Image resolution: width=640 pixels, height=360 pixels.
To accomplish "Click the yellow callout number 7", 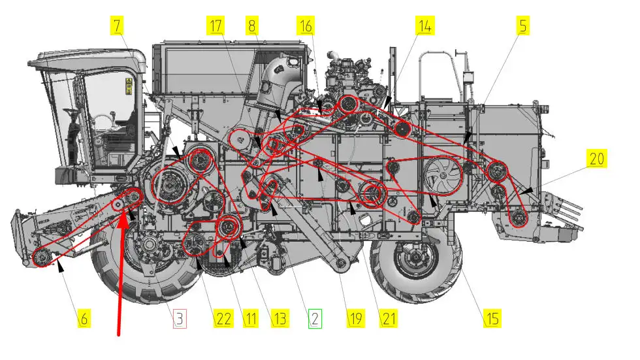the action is pos(117,25).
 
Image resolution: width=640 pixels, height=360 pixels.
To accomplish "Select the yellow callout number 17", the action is pos(216,25).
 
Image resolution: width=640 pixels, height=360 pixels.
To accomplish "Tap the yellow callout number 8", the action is pos(252,25).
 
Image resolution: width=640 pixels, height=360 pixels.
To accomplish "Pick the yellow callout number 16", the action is pos(306,25).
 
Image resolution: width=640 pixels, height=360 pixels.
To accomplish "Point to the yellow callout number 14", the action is pos(425,25).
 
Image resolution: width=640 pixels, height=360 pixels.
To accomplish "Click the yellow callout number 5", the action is pos(523,25).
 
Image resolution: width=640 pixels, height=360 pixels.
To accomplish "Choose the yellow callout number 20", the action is pos(597,158).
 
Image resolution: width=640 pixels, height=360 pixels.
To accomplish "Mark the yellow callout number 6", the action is pos(84,318).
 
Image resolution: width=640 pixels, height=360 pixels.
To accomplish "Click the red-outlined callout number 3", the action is pos(180,318).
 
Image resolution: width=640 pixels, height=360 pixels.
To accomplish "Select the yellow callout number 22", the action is pos(223,318).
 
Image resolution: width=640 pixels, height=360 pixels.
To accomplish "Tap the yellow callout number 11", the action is pos(251,318).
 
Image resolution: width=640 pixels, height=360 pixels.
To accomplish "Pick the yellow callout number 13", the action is pos(280,318).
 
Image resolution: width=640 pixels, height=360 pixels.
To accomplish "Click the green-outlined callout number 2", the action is pos(315,318).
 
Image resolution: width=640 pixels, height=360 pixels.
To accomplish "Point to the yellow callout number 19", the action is pos(355,318).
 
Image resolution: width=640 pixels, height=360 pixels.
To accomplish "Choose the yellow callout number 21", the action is pos(388,318).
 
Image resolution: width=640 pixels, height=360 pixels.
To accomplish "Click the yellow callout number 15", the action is pos(492,318).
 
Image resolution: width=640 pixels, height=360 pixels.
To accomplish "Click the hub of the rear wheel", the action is pos(416,258).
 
